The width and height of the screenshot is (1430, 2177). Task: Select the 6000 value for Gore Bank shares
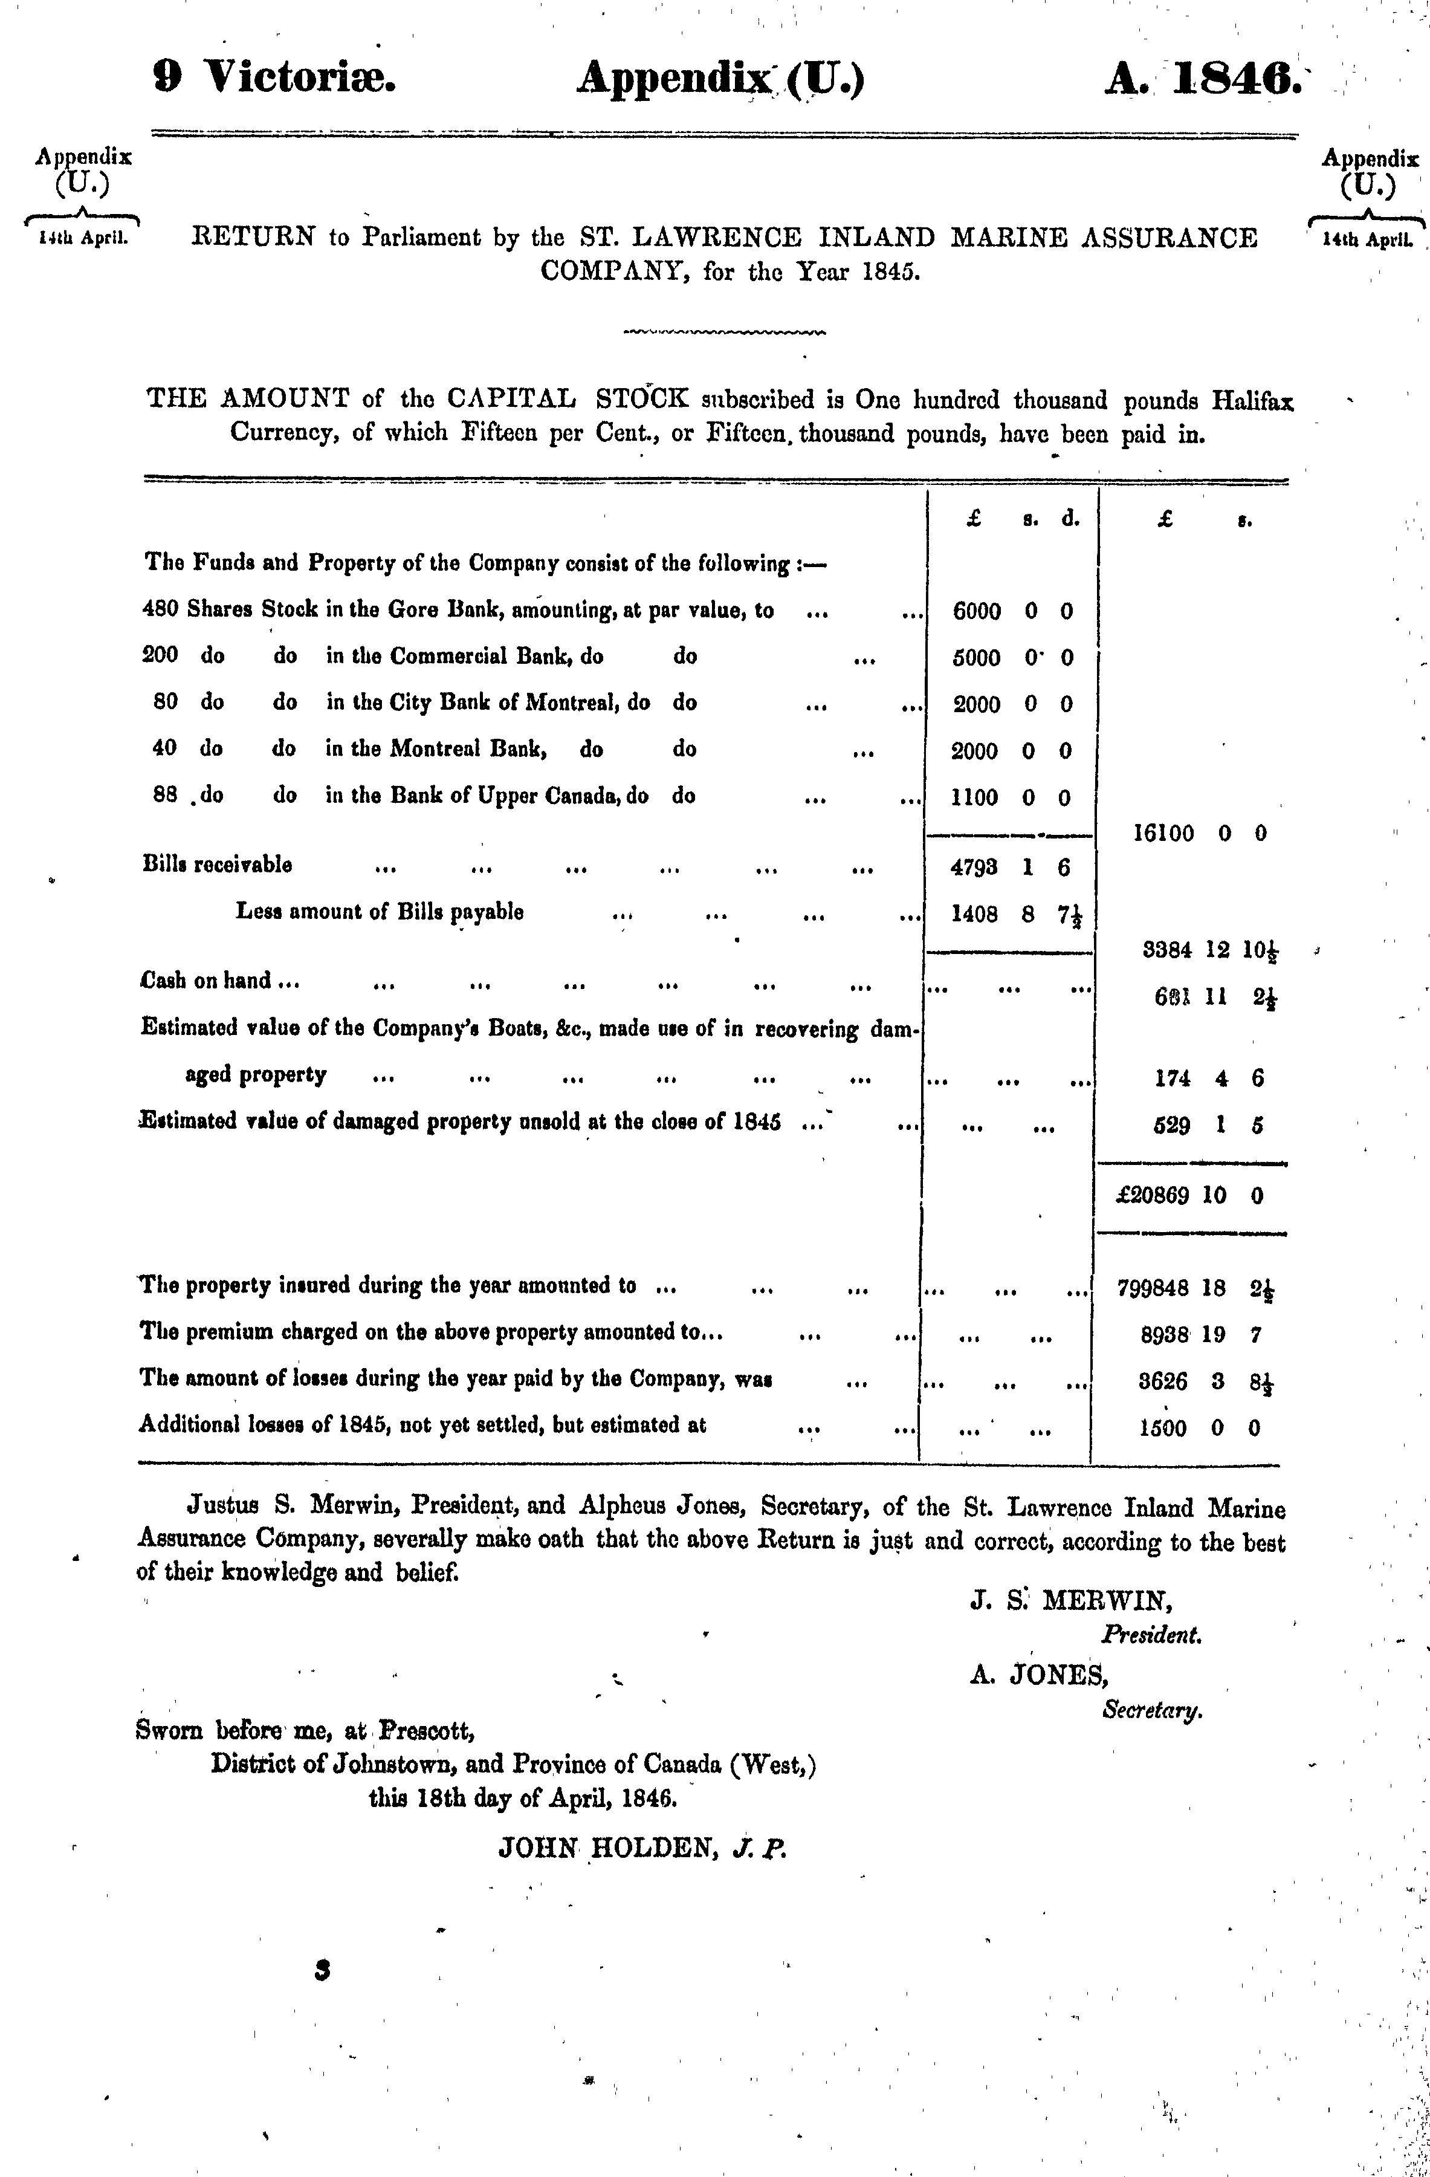(977, 611)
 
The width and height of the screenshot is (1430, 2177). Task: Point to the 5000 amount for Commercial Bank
(977, 658)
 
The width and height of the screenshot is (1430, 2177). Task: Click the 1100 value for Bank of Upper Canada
(975, 797)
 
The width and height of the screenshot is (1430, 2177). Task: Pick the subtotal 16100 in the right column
(1163, 833)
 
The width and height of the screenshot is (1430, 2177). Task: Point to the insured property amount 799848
(1153, 1288)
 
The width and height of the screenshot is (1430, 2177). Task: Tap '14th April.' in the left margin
(82, 239)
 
